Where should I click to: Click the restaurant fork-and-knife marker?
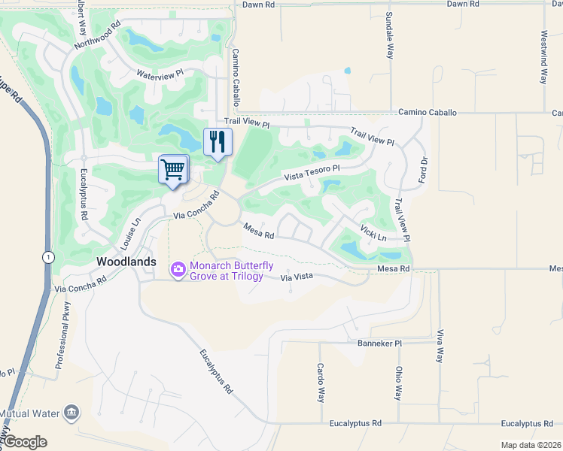(218, 141)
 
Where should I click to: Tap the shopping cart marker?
(173, 170)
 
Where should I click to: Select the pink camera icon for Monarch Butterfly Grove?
(178, 268)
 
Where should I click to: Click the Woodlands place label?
(126, 262)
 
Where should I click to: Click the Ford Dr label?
(424, 171)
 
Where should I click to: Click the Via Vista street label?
(296, 277)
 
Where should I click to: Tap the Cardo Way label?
(320, 383)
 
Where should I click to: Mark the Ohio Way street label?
(399, 383)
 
